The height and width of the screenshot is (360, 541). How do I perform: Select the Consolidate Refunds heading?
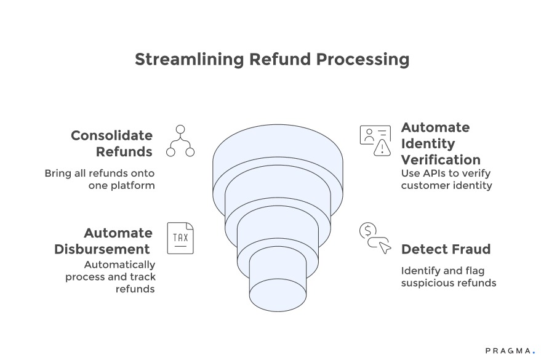point(111,143)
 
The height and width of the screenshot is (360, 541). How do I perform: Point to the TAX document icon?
point(180,238)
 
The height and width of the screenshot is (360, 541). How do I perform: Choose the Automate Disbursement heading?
point(103,241)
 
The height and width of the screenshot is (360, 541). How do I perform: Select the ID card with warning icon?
point(375,140)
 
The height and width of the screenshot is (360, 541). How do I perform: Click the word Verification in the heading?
point(441,159)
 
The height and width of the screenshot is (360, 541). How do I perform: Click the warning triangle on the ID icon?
point(383,147)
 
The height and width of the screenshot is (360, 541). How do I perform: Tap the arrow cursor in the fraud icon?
point(384,247)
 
